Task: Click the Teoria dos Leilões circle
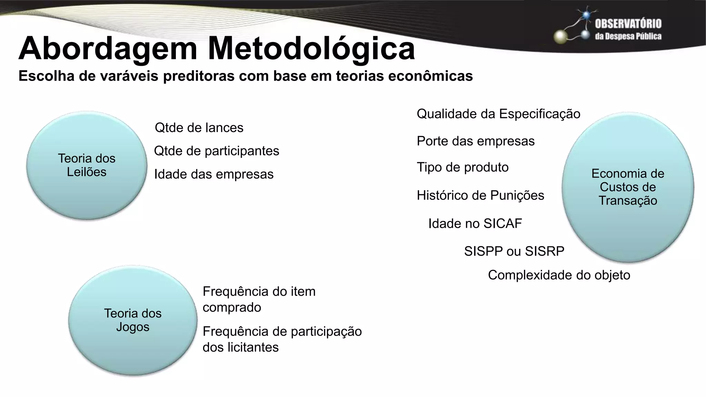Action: pyautogui.click(x=87, y=165)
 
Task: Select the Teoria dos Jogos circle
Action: pyautogui.click(x=133, y=320)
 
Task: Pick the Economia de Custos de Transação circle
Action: pyautogui.click(x=628, y=187)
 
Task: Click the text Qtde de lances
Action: pyautogui.click(x=199, y=128)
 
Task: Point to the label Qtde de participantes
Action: pyautogui.click(x=216, y=151)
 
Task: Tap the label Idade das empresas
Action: pyautogui.click(x=214, y=174)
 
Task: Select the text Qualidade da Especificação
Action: pyautogui.click(x=498, y=114)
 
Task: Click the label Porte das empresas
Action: pyautogui.click(x=476, y=141)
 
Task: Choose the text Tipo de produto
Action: pyautogui.click(x=463, y=167)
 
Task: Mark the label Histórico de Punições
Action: pyautogui.click(x=480, y=195)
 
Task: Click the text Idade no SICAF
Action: pyautogui.click(x=475, y=224)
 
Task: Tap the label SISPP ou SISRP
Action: pyautogui.click(x=514, y=251)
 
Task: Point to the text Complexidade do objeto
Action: pyautogui.click(x=559, y=275)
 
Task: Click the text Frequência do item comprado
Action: pyautogui.click(x=259, y=299)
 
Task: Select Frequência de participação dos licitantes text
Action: pyautogui.click(x=282, y=339)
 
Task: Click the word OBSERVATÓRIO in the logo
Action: pyautogui.click(x=628, y=24)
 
